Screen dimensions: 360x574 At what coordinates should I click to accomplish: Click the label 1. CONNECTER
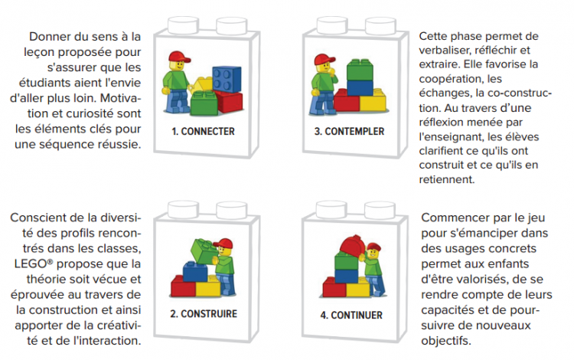203,131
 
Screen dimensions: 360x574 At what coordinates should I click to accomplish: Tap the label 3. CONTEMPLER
349,131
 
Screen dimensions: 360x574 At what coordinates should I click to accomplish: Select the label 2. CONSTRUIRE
203,313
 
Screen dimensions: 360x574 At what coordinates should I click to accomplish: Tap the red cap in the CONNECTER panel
178,57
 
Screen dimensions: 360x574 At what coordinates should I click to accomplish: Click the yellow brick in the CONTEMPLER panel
373,102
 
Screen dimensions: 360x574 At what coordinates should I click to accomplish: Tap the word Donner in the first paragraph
48,37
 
